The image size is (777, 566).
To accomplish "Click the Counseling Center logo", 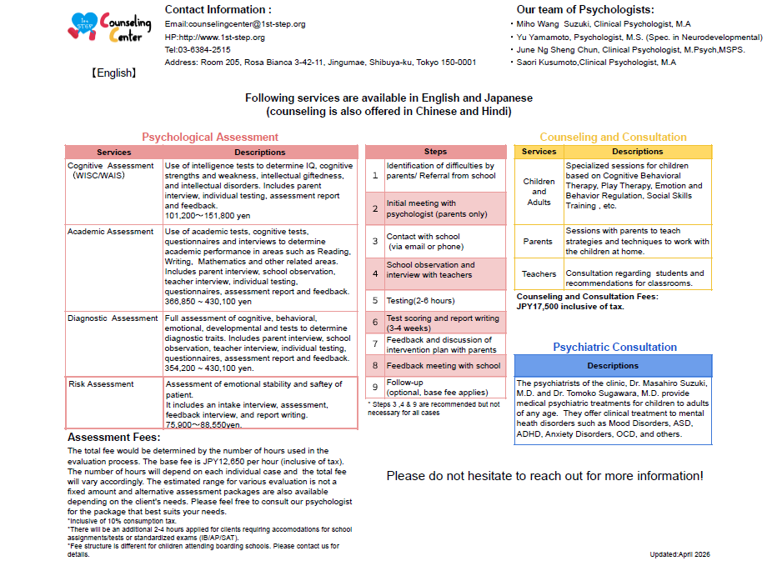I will pos(109,29).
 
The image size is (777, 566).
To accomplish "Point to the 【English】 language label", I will pos(114,73).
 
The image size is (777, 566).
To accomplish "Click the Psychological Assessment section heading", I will pos(210,138).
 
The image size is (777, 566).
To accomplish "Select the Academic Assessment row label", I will pos(111,232).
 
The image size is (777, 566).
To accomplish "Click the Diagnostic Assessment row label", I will pos(113,318).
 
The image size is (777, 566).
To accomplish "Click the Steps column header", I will pos(435,152).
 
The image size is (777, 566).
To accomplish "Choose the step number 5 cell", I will pos(375,300).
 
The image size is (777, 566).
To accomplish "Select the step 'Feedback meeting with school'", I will pos(443,365).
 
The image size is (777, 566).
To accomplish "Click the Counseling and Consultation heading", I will pos(613,138).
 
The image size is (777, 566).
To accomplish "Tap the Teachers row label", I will pos(539,273).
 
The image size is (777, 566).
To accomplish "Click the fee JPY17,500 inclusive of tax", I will pos(570,307).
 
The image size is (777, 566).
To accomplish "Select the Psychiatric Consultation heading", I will pos(614,347).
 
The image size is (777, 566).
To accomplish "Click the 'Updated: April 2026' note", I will pos(679,554).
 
